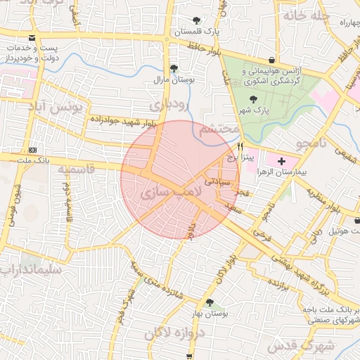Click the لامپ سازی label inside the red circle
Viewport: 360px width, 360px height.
[x=171, y=191]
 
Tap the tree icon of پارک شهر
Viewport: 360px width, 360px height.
[x=253, y=99]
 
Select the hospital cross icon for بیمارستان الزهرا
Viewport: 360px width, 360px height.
[x=282, y=161]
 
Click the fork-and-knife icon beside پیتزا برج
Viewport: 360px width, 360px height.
[x=240, y=147]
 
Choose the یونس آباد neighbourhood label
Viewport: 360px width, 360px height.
[x=59, y=107]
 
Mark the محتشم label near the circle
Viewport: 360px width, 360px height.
[x=215, y=130]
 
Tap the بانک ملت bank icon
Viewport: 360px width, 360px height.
[x=32, y=150]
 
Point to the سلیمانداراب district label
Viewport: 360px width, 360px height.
[x=31, y=269]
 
